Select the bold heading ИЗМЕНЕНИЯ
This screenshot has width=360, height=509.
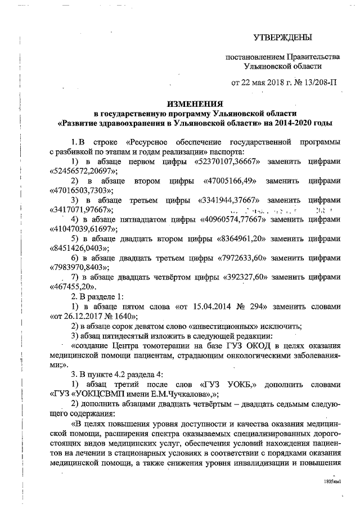197,103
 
